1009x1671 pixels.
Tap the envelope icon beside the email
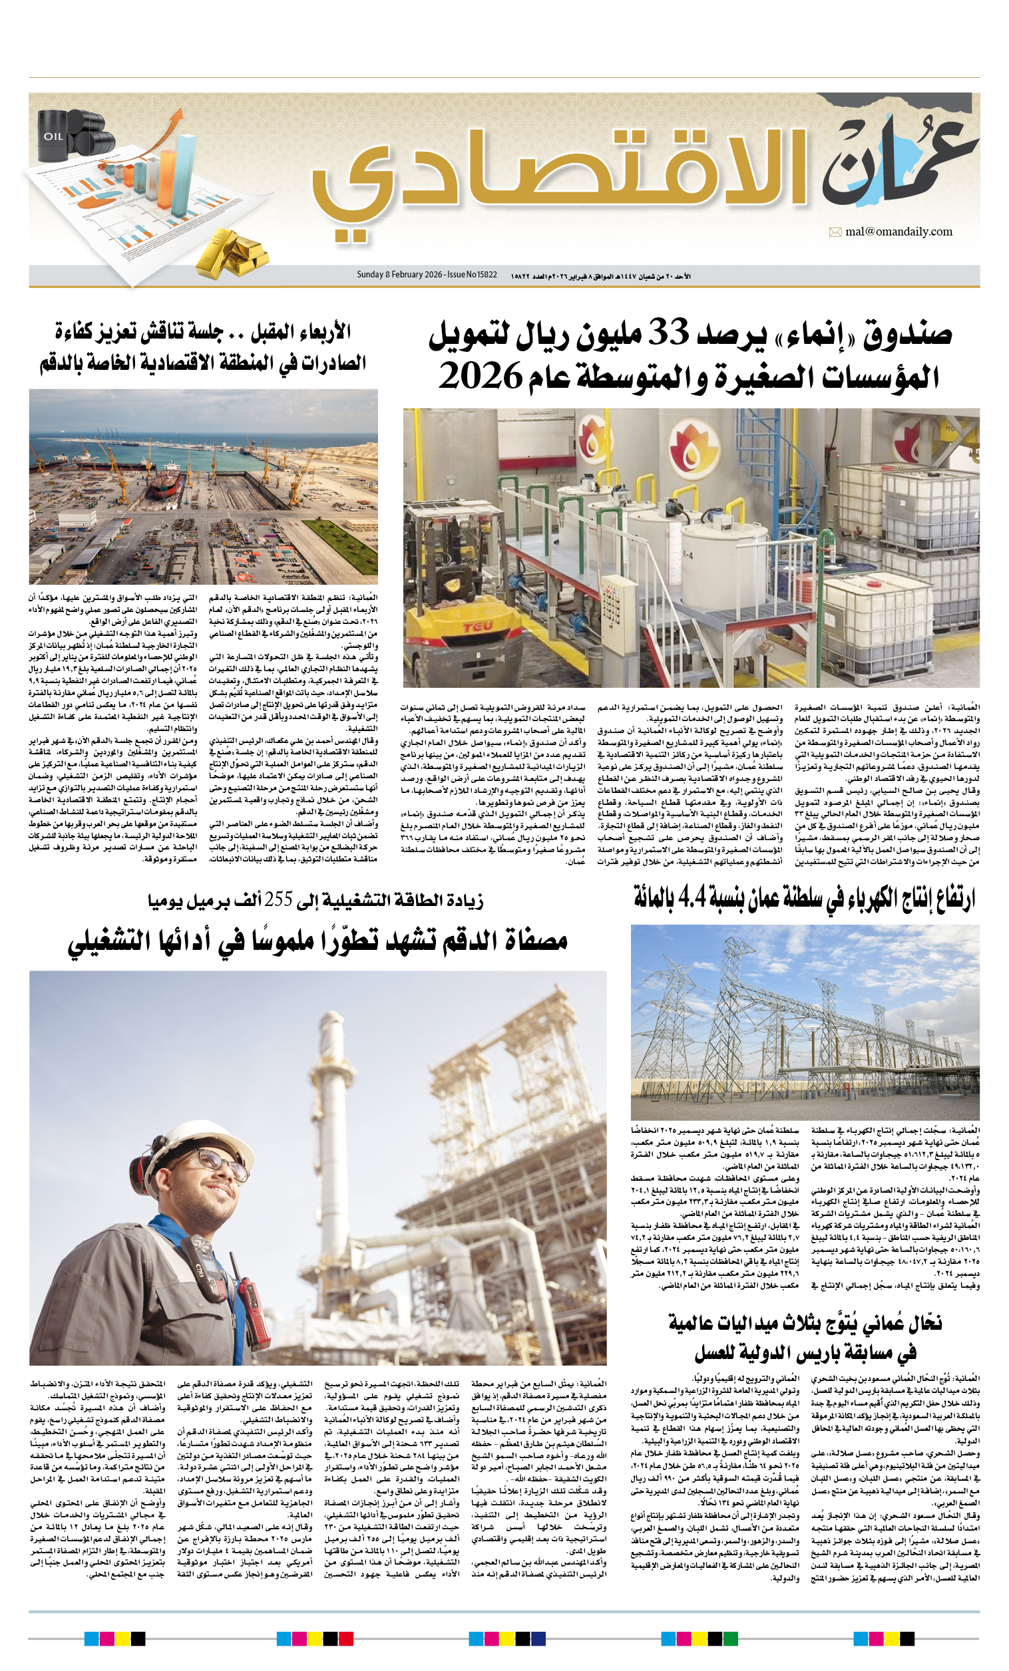(x=835, y=233)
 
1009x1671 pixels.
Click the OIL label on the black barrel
(x=54, y=136)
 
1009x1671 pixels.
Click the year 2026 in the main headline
(x=481, y=376)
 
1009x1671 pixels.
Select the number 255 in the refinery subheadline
(x=278, y=901)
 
